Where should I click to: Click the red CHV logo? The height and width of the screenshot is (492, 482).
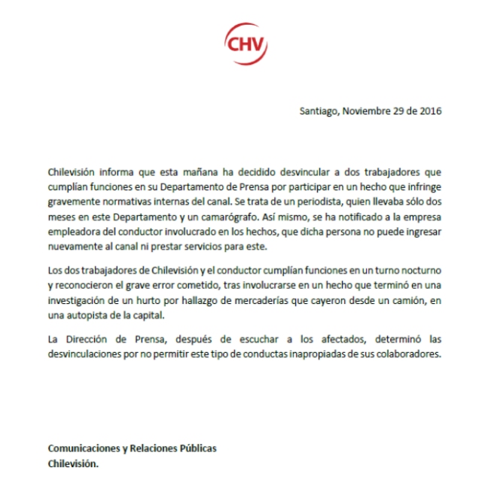[247, 42]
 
